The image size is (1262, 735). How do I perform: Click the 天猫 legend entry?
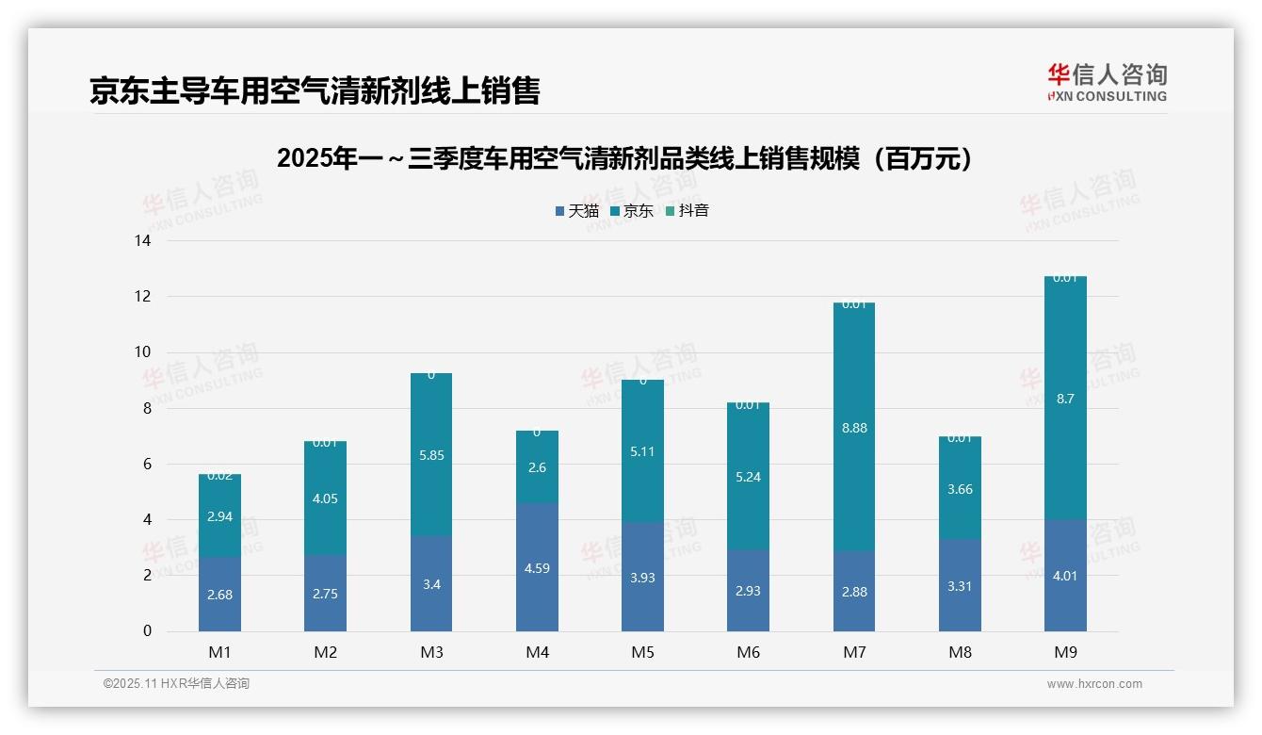pyautogui.click(x=577, y=211)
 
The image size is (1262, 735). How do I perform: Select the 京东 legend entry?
pyautogui.click(x=632, y=211)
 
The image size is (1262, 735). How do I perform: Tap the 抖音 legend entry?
pyautogui.click(x=688, y=211)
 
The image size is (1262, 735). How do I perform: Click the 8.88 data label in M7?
pyautogui.click(x=854, y=428)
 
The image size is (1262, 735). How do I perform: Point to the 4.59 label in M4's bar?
pyautogui.click(x=537, y=568)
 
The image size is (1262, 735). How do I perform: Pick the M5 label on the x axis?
pyautogui.click(x=643, y=652)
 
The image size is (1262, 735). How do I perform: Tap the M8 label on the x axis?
pyautogui.click(x=960, y=652)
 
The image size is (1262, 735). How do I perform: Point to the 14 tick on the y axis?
pyautogui.click(x=143, y=241)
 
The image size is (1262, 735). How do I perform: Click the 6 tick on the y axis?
pyautogui.click(x=147, y=465)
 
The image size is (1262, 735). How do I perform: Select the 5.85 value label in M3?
pyautogui.click(x=431, y=455)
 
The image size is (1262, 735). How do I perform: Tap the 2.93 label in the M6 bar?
pyautogui.click(x=749, y=591)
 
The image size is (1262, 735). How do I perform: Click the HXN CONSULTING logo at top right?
pyautogui.click(x=1107, y=83)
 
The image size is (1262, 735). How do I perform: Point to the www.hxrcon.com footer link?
pyautogui.click(x=1094, y=684)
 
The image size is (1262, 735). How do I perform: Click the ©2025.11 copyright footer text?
pyautogui.click(x=176, y=684)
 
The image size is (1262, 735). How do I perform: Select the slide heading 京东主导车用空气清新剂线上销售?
pyautogui.click(x=315, y=91)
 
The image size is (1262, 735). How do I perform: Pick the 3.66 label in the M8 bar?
pyautogui.click(x=960, y=490)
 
